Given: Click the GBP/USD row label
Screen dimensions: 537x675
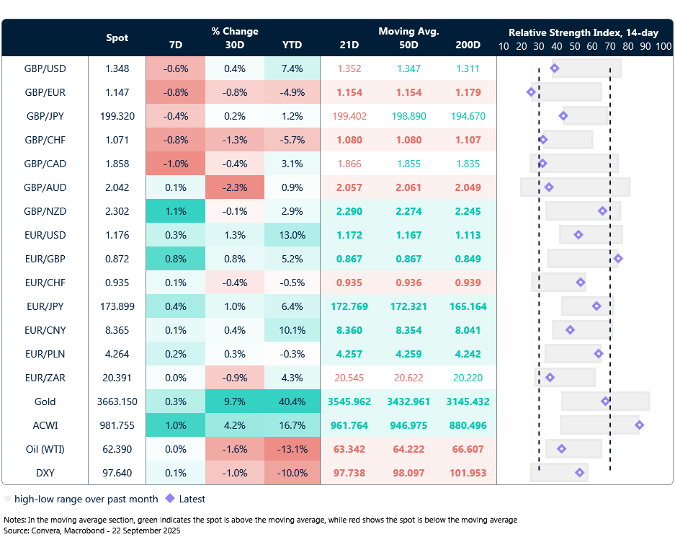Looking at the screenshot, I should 45,68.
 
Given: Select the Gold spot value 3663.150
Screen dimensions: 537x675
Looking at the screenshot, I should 117,401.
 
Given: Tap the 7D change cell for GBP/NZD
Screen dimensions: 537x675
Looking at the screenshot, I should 175,211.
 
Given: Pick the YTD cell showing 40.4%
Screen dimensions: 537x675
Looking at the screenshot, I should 292,401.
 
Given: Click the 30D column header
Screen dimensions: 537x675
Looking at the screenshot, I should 235,45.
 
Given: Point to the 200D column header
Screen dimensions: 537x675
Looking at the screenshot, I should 468,45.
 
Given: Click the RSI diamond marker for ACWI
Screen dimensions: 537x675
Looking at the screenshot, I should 639,425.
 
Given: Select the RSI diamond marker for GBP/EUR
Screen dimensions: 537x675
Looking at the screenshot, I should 531,92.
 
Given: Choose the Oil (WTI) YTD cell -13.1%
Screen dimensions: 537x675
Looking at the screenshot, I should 292,449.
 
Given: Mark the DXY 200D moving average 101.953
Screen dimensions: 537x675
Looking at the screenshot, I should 468,473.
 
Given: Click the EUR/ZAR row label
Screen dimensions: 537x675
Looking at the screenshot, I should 45,378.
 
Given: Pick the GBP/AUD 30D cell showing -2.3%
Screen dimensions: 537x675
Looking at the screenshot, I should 235,187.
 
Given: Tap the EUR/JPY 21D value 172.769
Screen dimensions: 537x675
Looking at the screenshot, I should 349,306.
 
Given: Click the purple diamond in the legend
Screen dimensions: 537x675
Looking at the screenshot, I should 170,498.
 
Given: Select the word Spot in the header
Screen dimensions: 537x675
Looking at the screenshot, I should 117,37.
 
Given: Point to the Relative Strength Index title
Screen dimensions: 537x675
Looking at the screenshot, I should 584,32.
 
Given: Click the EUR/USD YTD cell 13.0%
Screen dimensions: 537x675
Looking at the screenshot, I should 292,235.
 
